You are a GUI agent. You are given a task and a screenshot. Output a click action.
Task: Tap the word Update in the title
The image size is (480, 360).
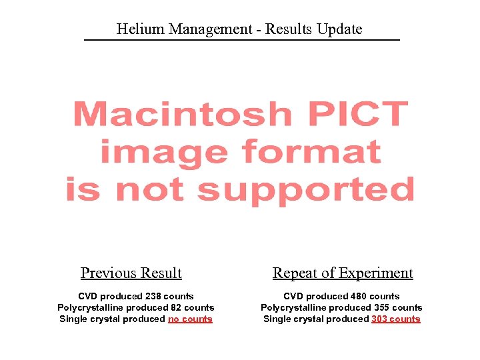[x=339, y=29]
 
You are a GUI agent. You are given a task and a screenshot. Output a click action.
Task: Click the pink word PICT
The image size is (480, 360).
[x=358, y=114]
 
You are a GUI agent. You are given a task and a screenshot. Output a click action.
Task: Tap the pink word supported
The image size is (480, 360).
[x=306, y=189]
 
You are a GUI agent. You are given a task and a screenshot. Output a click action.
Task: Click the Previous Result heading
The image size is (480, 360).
[x=131, y=273]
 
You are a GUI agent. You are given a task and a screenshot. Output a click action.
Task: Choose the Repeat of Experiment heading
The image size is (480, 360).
[x=343, y=273]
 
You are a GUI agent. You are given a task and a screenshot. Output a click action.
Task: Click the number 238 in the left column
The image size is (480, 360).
[x=154, y=296]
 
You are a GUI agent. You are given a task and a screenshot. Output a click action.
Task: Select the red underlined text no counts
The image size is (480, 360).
[x=190, y=319]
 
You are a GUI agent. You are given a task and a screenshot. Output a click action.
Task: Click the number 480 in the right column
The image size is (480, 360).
[x=359, y=296]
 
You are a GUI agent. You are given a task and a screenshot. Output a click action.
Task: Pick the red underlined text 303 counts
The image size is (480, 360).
[x=396, y=319]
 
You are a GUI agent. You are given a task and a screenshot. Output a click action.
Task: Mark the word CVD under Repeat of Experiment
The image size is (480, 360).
[x=294, y=296]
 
